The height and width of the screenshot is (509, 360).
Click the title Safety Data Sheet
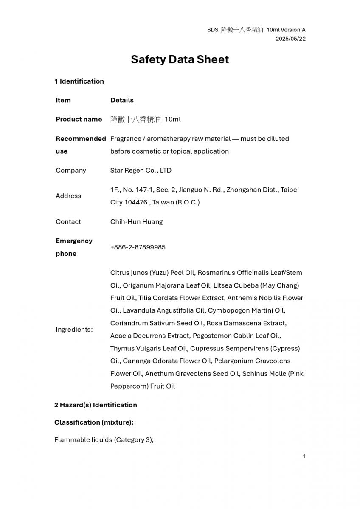pos(180,59)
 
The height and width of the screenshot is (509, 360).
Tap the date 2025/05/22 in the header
pos(290,39)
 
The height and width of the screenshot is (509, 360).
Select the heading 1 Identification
pos(79,81)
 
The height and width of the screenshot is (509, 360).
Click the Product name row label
pos(79,119)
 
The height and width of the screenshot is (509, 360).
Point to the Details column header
pos(122,100)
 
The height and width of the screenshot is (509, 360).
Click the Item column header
pos(63,100)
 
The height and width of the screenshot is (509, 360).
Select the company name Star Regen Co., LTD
pos(141,170)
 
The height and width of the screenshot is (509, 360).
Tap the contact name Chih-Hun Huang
pos(136,221)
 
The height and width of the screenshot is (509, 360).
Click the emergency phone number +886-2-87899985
pos(138,247)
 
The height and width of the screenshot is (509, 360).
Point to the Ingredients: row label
pos(74,330)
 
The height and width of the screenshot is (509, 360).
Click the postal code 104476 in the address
pos(136,202)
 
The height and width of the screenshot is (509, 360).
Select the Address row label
pos(68,196)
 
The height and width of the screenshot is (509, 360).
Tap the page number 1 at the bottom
pos(304,456)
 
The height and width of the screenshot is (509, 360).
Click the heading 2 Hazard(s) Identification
pos(96,405)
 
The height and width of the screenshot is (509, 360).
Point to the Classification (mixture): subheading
pos(94,422)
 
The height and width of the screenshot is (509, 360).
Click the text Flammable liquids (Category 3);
pos(104,439)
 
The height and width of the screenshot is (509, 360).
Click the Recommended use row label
pos(81,145)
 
